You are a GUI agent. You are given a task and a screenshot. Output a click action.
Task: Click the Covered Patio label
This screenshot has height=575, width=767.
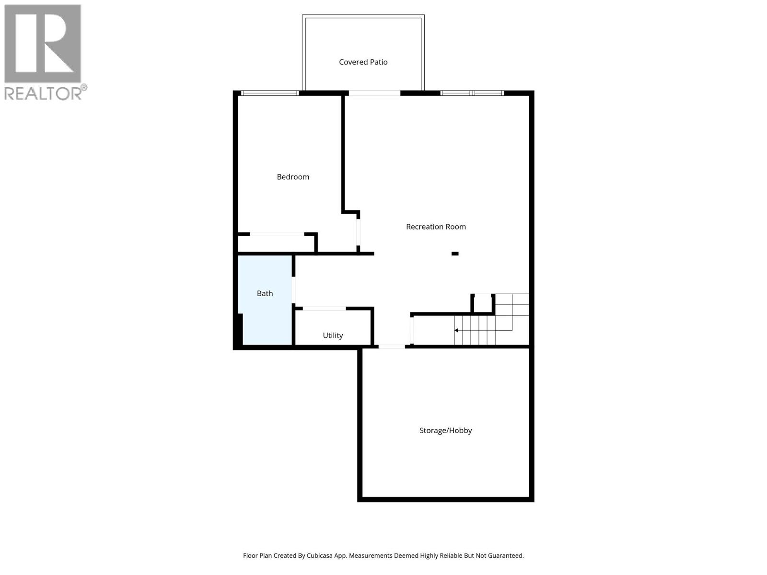pos(363,62)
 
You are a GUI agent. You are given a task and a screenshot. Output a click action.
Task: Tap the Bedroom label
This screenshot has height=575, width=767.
pos(293,177)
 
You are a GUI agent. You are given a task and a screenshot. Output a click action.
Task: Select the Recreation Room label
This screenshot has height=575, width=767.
pos(436,227)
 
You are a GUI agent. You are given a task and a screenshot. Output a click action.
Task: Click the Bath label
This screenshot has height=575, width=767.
pos(265,293)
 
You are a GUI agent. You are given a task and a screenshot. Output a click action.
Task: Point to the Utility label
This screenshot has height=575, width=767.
pos(333,335)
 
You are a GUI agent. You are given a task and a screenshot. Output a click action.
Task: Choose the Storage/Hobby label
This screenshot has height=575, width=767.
pos(445,430)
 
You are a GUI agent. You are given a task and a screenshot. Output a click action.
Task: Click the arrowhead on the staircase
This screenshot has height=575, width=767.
pos(456,330)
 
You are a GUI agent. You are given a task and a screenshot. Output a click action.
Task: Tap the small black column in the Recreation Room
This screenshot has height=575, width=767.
pos(455,253)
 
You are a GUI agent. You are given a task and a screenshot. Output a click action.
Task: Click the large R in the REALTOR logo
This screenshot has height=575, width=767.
pos(43,44)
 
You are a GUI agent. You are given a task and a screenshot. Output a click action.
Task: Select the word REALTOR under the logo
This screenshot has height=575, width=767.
pos(43,93)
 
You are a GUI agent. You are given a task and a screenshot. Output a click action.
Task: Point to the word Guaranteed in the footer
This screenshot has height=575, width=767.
pos(506,556)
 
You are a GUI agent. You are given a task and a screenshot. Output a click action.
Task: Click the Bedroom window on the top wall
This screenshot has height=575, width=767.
pos(269,93)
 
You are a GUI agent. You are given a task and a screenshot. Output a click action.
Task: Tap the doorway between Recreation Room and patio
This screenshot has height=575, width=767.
pos(374,93)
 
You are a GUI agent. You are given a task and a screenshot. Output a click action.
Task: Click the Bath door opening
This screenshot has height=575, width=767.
pos(294,289)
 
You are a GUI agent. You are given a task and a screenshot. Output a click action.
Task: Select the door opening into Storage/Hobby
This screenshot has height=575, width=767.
pos(392,346)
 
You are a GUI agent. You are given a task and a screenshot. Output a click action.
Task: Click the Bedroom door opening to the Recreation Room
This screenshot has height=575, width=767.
pos(358,232)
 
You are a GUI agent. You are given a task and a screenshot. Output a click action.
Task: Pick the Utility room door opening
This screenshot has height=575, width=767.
pos(324,309)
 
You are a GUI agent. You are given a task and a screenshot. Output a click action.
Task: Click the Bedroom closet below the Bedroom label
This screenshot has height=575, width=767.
pos(277,243)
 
